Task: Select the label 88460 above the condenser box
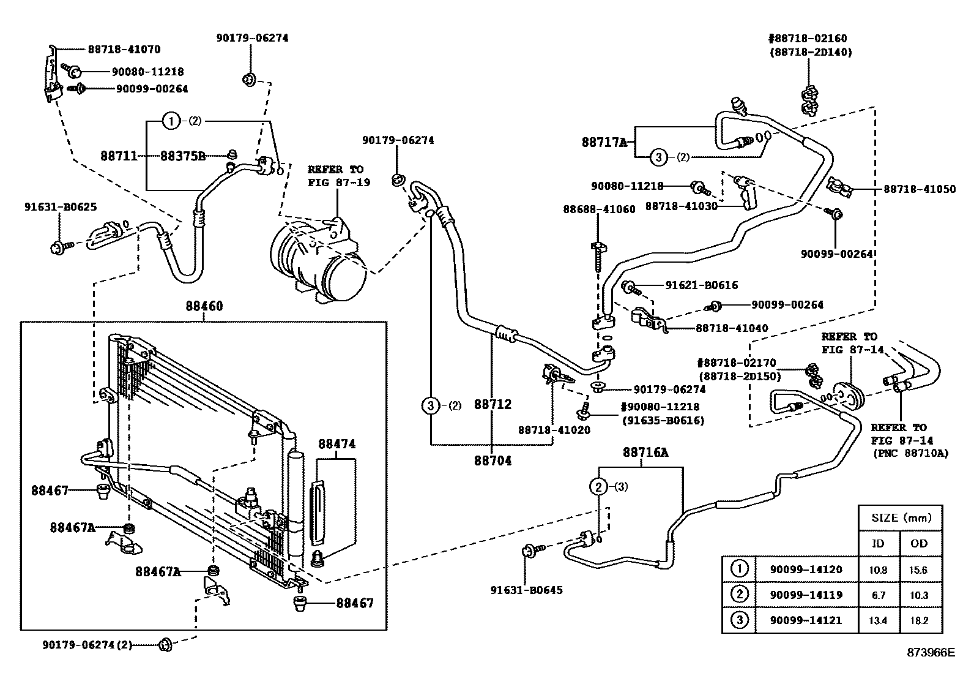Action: click(x=204, y=306)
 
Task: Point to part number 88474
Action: click(x=336, y=444)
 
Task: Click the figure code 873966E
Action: click(x=931, y=653)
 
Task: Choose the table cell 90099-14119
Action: click(x=805, y=595)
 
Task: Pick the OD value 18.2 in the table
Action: click(x=919, y=620)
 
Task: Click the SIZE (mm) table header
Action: click(x=900, y=518)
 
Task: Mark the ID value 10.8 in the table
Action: click(x=878, y=570)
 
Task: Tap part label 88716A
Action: click(x=645, y=453)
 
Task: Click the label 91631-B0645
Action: click(x=526, y=590)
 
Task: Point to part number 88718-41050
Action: click(x=919, y=189)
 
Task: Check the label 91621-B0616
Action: click(x=701, y=285)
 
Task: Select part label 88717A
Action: click(x=604, y=143)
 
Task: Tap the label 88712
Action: click(x=492, y=404)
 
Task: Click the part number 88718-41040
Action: click(x=731, y=328)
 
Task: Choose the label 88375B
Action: click(x=183, y=156)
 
